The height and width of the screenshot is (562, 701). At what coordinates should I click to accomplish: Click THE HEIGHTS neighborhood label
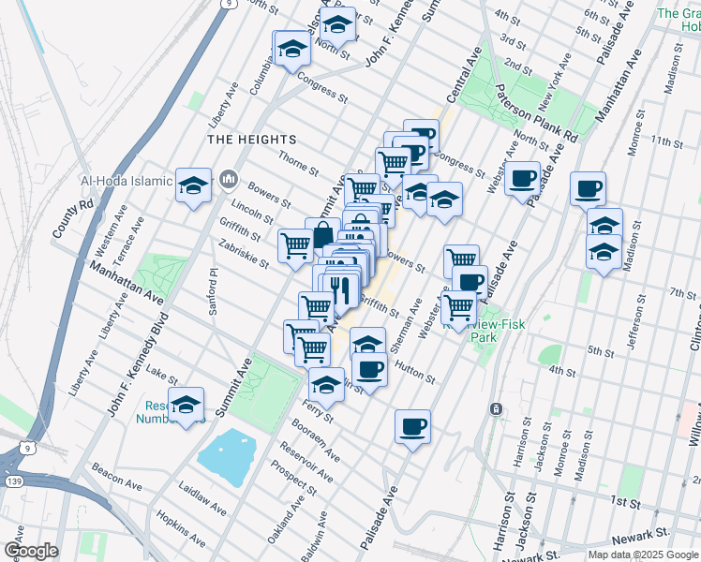[x=244, y=139]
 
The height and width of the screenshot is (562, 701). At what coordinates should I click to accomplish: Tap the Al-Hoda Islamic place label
[x=127, y=182]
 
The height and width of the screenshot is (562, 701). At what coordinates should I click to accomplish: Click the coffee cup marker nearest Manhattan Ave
[x=588, y=189]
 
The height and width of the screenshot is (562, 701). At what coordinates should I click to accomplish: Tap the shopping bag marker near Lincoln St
[x=322, y=234]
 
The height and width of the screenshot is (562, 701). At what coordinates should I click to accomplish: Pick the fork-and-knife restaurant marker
[x=339, y=289]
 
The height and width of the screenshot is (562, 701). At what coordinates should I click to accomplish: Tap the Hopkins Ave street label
[x=180, y=528]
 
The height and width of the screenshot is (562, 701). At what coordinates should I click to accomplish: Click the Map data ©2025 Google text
[x=643, y=555]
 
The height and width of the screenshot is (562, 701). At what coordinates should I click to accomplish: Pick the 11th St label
[x=667, y=141]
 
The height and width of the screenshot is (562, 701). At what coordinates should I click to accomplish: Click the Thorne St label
[x=299, y=166]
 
